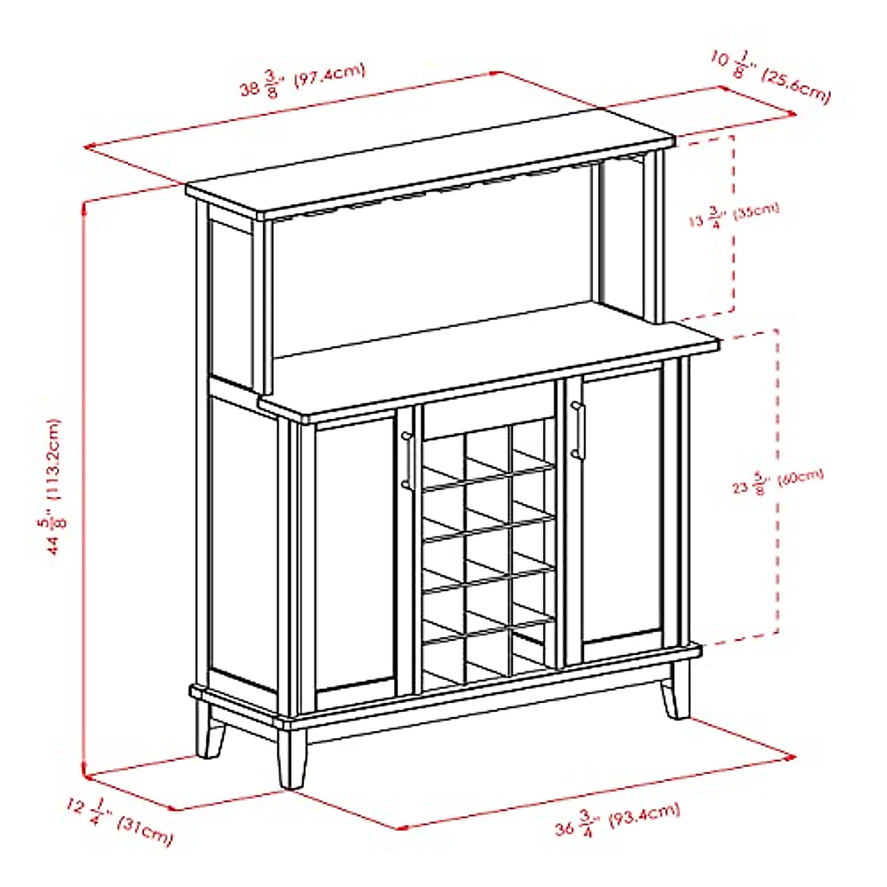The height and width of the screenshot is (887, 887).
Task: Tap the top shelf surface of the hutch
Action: click(429, 173)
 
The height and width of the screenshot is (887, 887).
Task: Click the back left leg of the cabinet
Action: click(210, 732)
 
